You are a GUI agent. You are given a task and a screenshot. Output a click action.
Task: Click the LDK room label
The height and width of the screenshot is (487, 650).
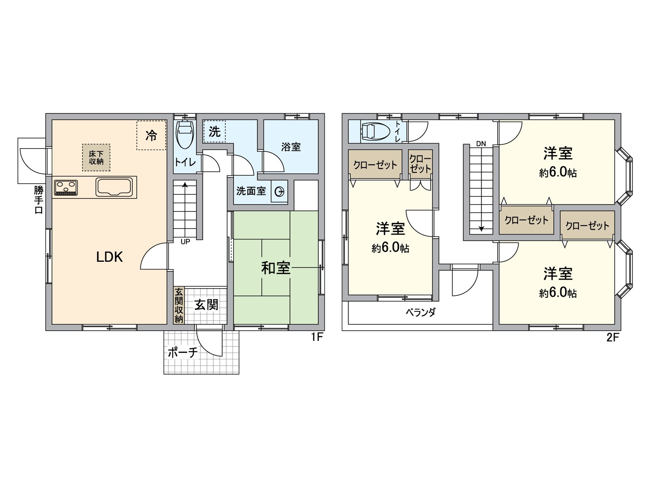(109, 257)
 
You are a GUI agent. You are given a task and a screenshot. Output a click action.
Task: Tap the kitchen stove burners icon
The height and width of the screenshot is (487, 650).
(66, 187)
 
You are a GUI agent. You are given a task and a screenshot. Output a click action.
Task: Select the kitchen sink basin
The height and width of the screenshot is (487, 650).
(114, 187)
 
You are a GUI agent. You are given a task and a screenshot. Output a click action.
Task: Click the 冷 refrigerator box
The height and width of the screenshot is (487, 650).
(151, 136)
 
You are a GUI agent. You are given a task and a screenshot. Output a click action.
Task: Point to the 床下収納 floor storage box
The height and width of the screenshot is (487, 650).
(96, 157)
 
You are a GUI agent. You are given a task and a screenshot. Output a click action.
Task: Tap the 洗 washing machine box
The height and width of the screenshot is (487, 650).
(214, 131)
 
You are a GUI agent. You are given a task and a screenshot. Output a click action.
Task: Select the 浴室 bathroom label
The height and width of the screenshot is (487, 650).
(291, 147)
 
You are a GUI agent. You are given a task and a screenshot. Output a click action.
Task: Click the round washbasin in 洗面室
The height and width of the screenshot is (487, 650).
(280, 192)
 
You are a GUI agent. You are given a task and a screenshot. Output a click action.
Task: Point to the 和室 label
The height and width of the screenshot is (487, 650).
(275, 268)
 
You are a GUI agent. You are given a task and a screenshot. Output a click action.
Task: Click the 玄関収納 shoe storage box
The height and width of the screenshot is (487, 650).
(179, 305)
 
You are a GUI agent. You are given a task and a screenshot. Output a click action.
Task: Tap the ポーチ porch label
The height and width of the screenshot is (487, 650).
(182, 352)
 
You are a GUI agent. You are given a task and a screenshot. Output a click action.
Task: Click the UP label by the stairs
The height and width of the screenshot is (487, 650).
(185, 242)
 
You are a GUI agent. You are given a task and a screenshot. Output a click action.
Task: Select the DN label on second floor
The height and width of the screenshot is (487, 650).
(481, 144)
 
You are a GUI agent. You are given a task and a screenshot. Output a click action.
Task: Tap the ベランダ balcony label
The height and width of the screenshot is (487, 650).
(420, 312)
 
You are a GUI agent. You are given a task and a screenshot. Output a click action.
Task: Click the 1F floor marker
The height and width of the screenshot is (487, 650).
(316, 337)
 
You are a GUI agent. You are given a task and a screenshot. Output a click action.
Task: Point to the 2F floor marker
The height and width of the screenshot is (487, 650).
(612, 337)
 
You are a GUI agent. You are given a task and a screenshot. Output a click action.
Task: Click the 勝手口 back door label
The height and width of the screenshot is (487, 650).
(38, 200)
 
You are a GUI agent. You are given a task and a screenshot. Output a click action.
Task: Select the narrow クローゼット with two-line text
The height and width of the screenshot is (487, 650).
(420, 164)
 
